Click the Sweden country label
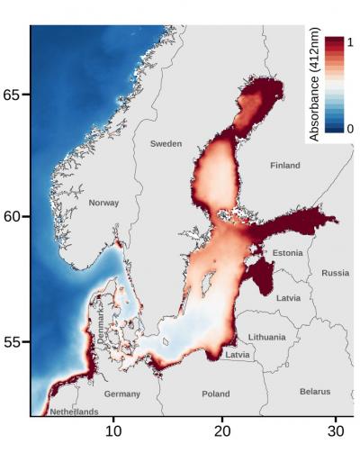pyautogui.click(x=166, y=144)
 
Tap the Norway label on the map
pyautogui.click(x=103, y=204)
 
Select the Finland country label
pyautogui.click(x=284, y=166)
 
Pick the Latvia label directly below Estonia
pyautogui.click(x=289, y=297)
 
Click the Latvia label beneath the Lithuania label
pyautogui.click(x=238, y=355)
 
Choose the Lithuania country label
pyautogui.click(x=266, y=337)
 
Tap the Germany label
pyautogui.click(x=121, y=394)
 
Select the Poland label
pyautogui.click(x=215, y=394)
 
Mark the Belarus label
pyautogui.click(x=315, y=392)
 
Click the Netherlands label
pyautogui.click(x=74, y=412)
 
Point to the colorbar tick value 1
pyautogui.click(x=351, y=43)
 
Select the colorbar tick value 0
pyautogui.click(x=351, y=130)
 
